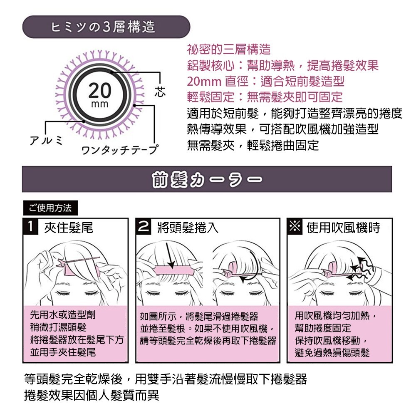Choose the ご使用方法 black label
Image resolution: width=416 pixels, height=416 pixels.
[50, 207]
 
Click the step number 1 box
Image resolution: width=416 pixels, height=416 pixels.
[30, 227]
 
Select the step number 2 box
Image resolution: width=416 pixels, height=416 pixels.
[144, 227]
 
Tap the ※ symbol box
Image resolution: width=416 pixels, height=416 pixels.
[295, 227]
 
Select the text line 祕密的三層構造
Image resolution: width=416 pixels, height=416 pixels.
[229, 50]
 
